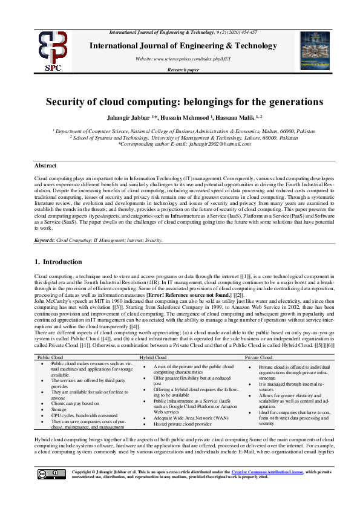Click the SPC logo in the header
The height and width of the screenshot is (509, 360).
click(x=53, y=51)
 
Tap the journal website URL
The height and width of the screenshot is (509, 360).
click(x=183, y=59)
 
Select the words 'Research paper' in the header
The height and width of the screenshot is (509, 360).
click(x=183, y=70)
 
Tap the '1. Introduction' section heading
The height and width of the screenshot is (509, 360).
click(x=58, y=262)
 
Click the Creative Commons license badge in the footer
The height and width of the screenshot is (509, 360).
click(x=51, y=474)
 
